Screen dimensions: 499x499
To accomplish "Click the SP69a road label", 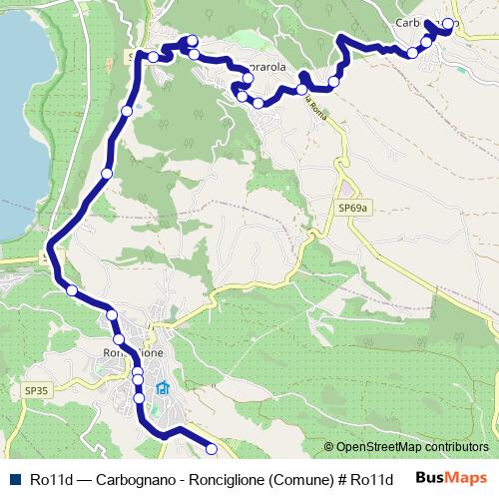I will point(353,208).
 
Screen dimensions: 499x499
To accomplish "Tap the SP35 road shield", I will point(35,390).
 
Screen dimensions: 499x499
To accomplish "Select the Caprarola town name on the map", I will point(269,68).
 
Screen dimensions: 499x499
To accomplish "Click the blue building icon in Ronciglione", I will point(163,388).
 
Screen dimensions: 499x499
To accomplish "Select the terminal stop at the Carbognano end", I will point(449,23).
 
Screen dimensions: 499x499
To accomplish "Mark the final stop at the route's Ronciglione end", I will point(211,448).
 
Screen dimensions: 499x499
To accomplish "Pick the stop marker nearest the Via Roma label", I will point(302,90).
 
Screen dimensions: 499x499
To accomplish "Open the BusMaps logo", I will point(451,478).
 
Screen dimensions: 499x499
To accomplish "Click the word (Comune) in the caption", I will point(308,479).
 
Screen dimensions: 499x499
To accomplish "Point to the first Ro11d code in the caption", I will point(51,479).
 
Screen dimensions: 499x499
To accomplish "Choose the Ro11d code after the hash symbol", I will point(372,479).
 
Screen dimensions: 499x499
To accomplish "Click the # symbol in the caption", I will point(343,479).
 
